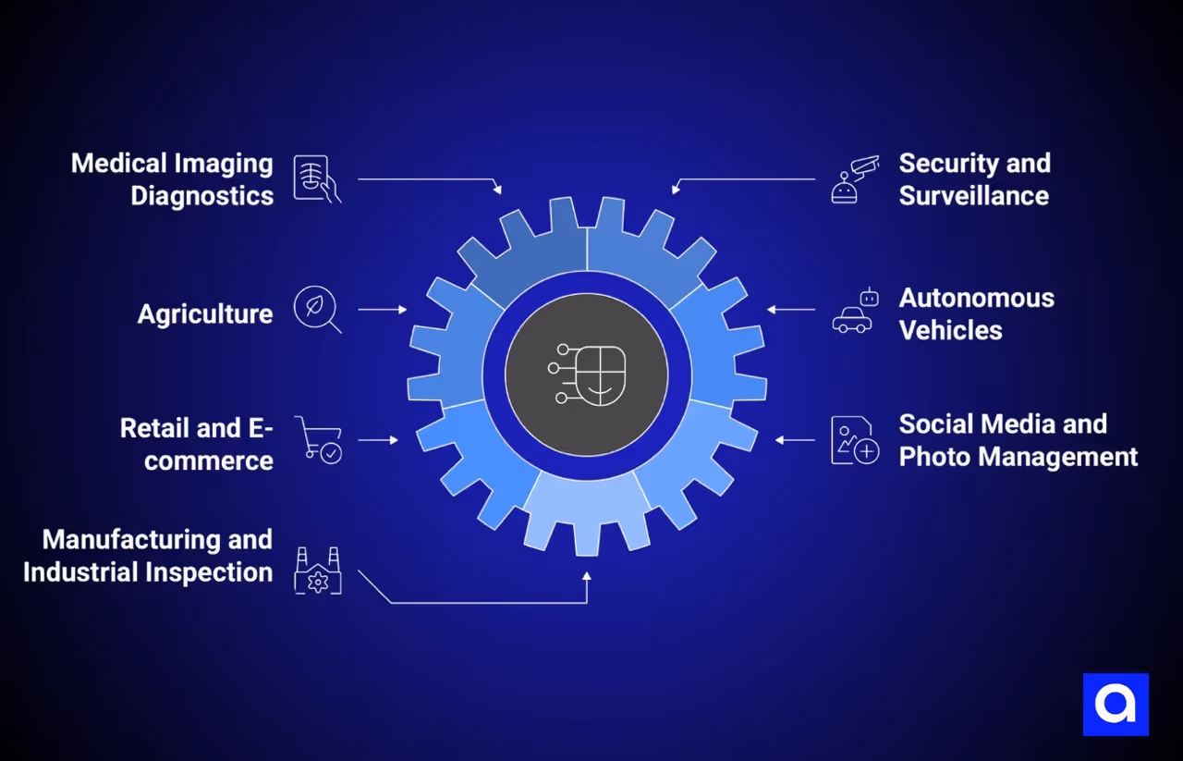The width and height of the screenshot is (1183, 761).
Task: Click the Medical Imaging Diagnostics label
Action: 173,179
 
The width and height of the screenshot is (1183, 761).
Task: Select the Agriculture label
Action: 205,313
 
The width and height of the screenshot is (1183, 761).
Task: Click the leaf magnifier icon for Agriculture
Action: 316,309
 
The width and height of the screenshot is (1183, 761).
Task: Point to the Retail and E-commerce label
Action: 197,444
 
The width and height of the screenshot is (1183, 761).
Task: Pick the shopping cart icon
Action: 318,439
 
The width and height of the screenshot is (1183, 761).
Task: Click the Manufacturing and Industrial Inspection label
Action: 148,555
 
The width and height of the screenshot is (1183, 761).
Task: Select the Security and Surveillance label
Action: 974,179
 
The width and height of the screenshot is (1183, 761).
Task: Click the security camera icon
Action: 854,179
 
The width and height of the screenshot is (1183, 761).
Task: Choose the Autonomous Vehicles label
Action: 976,313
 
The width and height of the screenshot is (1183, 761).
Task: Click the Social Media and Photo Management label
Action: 1018,440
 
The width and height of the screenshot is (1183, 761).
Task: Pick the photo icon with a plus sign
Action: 854,440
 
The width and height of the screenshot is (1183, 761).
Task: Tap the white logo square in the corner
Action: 1116,705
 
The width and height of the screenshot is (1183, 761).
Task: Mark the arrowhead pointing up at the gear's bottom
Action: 587,576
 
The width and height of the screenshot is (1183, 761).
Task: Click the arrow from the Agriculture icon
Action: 382,309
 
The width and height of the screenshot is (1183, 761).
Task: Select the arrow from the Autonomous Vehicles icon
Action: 791,309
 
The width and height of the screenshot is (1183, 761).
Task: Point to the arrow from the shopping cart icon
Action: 378,440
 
